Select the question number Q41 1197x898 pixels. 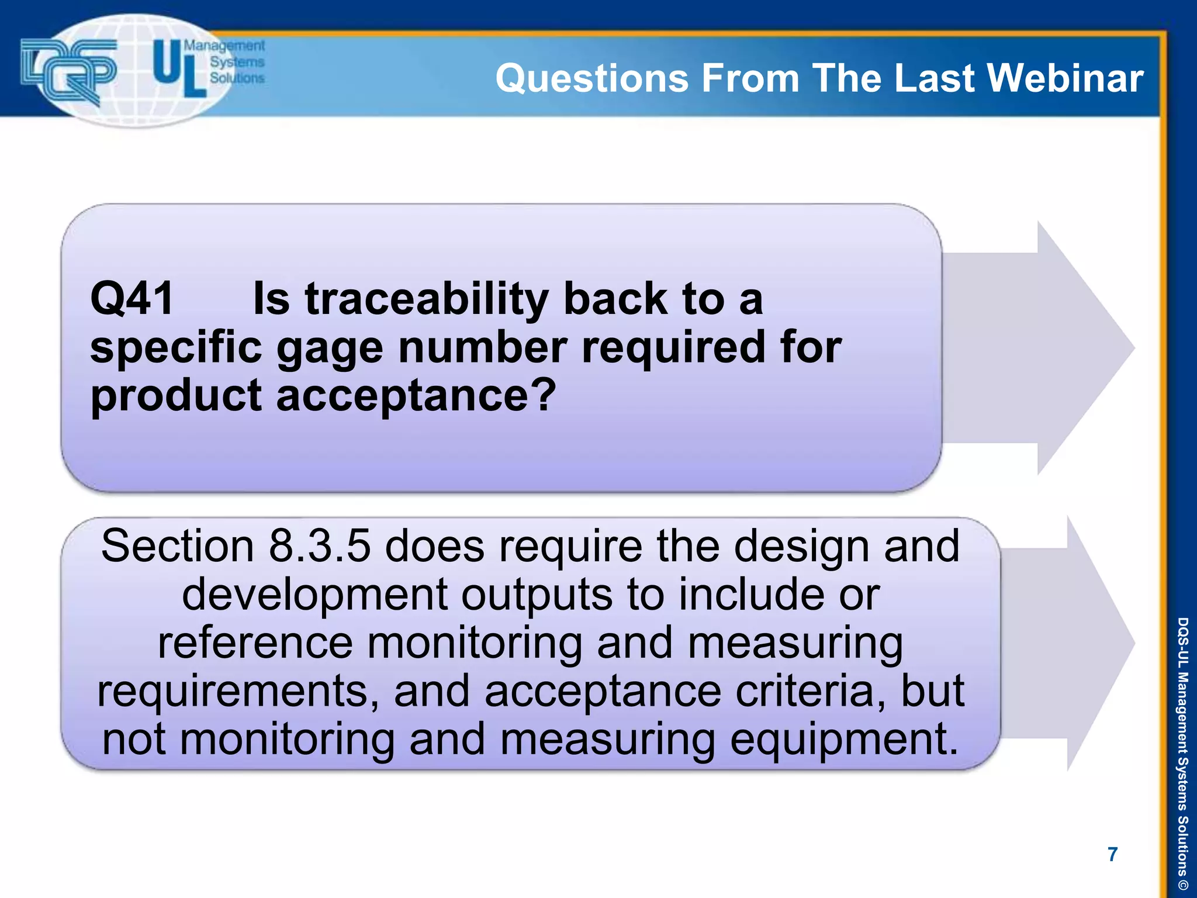coord(132,299)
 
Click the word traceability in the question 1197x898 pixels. coord(426,299)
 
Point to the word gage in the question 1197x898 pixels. coord(329,348)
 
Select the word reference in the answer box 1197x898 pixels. coord(255,643)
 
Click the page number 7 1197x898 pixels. coord(1112,854)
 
